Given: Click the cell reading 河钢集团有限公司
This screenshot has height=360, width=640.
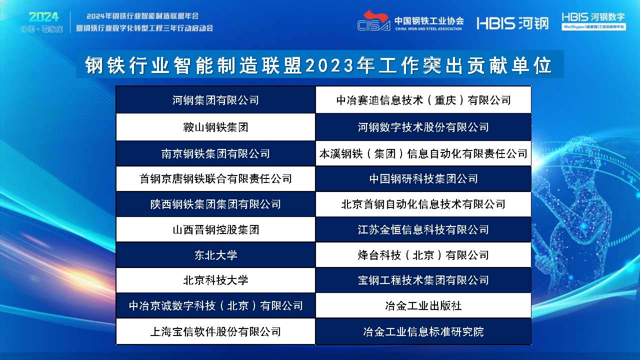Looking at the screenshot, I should (215, 100).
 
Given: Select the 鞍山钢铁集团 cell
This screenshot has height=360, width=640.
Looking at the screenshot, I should (215, 127).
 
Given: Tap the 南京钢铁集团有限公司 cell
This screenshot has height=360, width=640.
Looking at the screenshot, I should (215, 153).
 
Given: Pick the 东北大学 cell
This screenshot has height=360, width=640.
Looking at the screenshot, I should (215, 255).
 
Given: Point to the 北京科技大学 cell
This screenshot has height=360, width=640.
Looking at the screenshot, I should (215, 280).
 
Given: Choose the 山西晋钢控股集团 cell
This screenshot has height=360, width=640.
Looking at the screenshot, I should (215, 230).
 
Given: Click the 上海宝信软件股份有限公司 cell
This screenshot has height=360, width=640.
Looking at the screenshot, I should (215, 331).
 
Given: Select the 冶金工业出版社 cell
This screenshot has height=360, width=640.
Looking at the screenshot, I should (423, 305).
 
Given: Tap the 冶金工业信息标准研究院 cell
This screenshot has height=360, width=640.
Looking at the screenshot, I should (423, 331).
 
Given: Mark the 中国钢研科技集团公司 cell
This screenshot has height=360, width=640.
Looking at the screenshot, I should (423, 178).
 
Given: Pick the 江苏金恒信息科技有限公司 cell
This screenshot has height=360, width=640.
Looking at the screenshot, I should (423, 230).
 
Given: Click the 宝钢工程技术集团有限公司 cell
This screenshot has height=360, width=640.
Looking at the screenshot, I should (423, 280).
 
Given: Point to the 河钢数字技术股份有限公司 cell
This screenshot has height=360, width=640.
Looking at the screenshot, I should (423, 127).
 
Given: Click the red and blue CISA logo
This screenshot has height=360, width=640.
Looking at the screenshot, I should (373, 21).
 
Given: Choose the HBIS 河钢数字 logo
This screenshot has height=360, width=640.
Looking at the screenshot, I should (593, 21).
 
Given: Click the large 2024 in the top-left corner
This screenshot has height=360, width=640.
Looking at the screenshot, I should (43, 17).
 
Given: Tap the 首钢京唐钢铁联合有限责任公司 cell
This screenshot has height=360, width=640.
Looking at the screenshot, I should (215, 178).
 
